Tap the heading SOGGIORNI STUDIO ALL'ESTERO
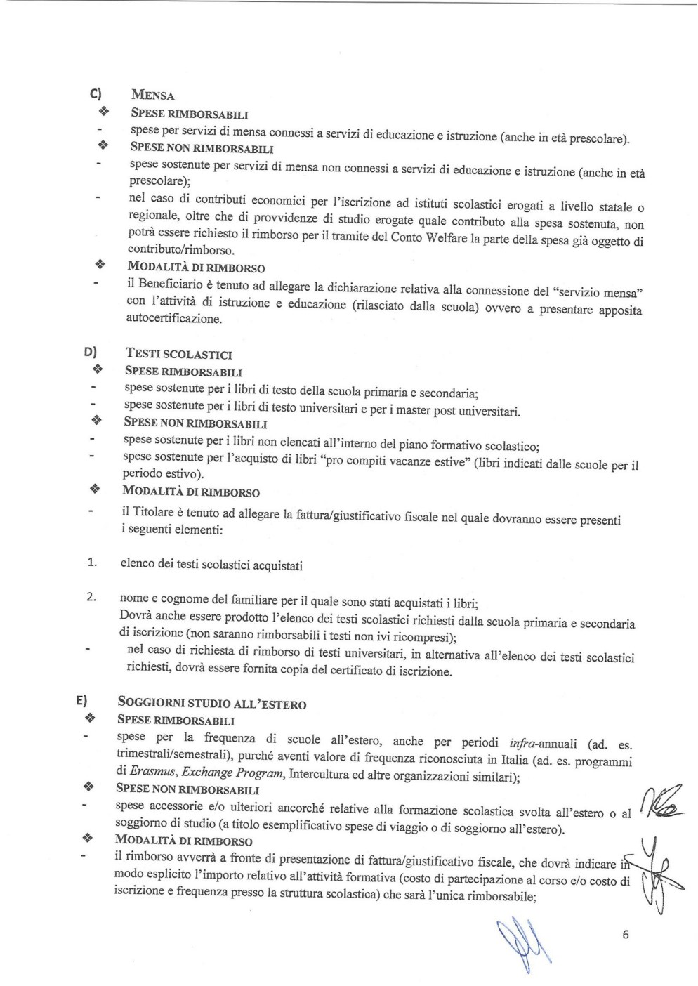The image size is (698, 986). (x=212, y=703)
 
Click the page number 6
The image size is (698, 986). (x=625, y=934)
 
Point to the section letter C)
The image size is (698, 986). (x=96, y=94)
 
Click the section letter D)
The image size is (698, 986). (x=90, y=353)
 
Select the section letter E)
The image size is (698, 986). (x=82, y=700)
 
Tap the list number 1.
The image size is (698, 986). (x=91, y=562)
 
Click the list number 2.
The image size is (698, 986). (x=91, y=598)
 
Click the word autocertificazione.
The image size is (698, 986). (x=174, y=319)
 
